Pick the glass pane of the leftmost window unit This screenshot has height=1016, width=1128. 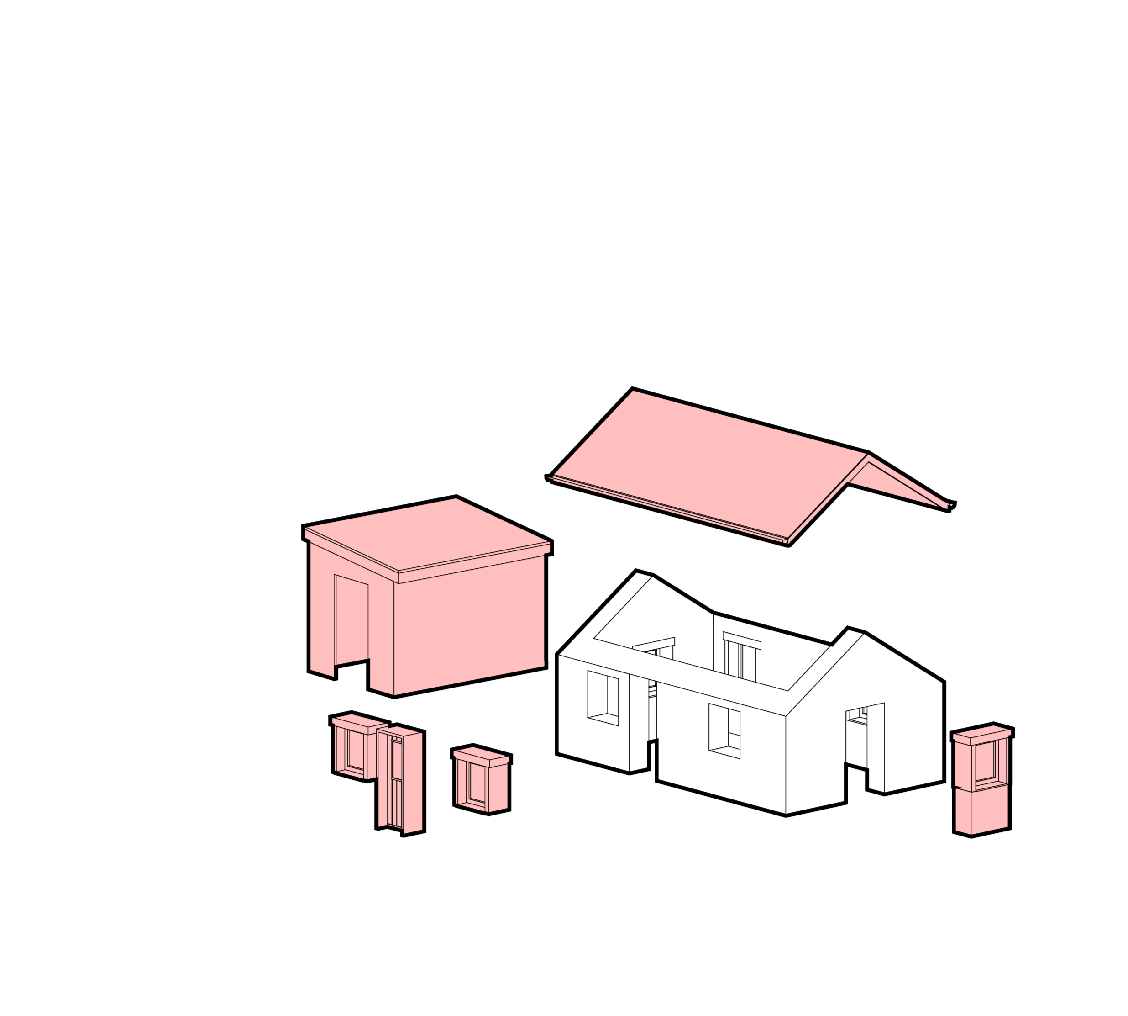coord(355,750)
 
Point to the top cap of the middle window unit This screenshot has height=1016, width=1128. coord(480,755)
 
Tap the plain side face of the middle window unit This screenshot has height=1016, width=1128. coord(498,787)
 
